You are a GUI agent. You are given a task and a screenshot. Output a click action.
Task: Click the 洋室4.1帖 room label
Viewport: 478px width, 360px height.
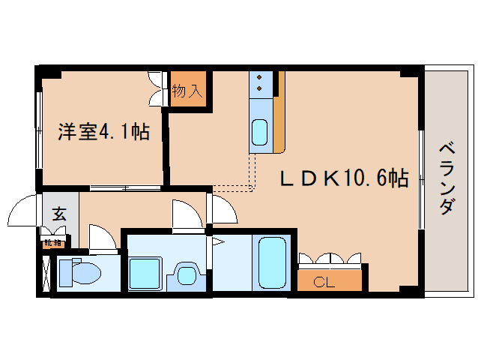click(x=104, y=133)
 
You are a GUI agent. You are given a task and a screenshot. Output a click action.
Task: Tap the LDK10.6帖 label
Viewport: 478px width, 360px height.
click(x=344, y=178)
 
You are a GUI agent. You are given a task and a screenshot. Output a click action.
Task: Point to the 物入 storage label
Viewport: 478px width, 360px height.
click(x=187, y=91)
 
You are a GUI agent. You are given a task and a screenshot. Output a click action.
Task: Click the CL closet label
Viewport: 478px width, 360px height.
click(x=323, y=282)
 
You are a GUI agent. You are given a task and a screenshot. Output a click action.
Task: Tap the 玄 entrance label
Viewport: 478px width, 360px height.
click(x=59, y=213)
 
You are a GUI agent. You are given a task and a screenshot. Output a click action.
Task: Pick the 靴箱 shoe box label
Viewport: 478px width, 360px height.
click(x=52, y=242)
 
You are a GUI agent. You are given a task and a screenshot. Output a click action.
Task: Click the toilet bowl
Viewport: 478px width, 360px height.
click(x=76, y=273)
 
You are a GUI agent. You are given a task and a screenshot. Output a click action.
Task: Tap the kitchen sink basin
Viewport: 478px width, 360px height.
click(x=259, y=133)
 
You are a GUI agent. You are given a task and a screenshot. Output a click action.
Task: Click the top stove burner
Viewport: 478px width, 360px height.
click(x=259, y=77)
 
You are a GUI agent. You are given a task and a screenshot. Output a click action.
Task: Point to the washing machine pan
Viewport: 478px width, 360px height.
click(x=145, y=273)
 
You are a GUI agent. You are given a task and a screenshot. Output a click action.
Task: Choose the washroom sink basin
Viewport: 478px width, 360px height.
click(x=184, y=274)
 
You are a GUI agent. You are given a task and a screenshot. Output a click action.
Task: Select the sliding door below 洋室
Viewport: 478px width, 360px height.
click(x=126, y=186)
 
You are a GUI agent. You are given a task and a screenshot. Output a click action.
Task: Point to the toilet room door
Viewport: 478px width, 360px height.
click(x=103, y=238)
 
